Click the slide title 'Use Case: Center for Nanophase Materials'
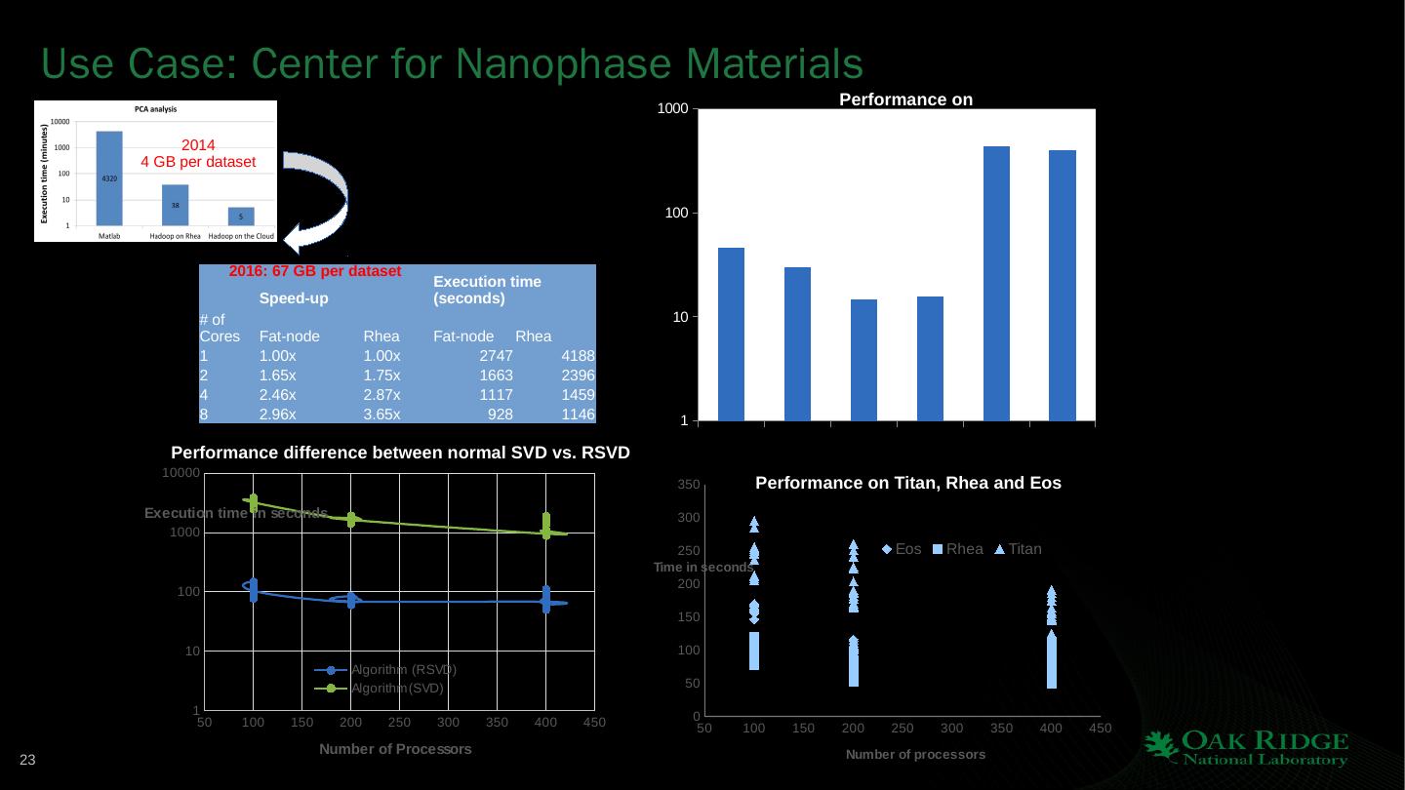point(452,64)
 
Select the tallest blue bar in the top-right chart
point(996,283)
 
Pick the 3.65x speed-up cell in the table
point(381,415)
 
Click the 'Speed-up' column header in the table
point(294,297)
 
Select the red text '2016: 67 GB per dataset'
point(315,271)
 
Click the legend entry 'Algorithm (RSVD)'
point(384,670)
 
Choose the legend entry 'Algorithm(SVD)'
point(384,689)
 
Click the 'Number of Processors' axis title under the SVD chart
point(396,749)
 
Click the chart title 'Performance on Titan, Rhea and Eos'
point(908,483)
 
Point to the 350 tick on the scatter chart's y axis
point(688,485)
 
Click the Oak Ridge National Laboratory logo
point(1246,749)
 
